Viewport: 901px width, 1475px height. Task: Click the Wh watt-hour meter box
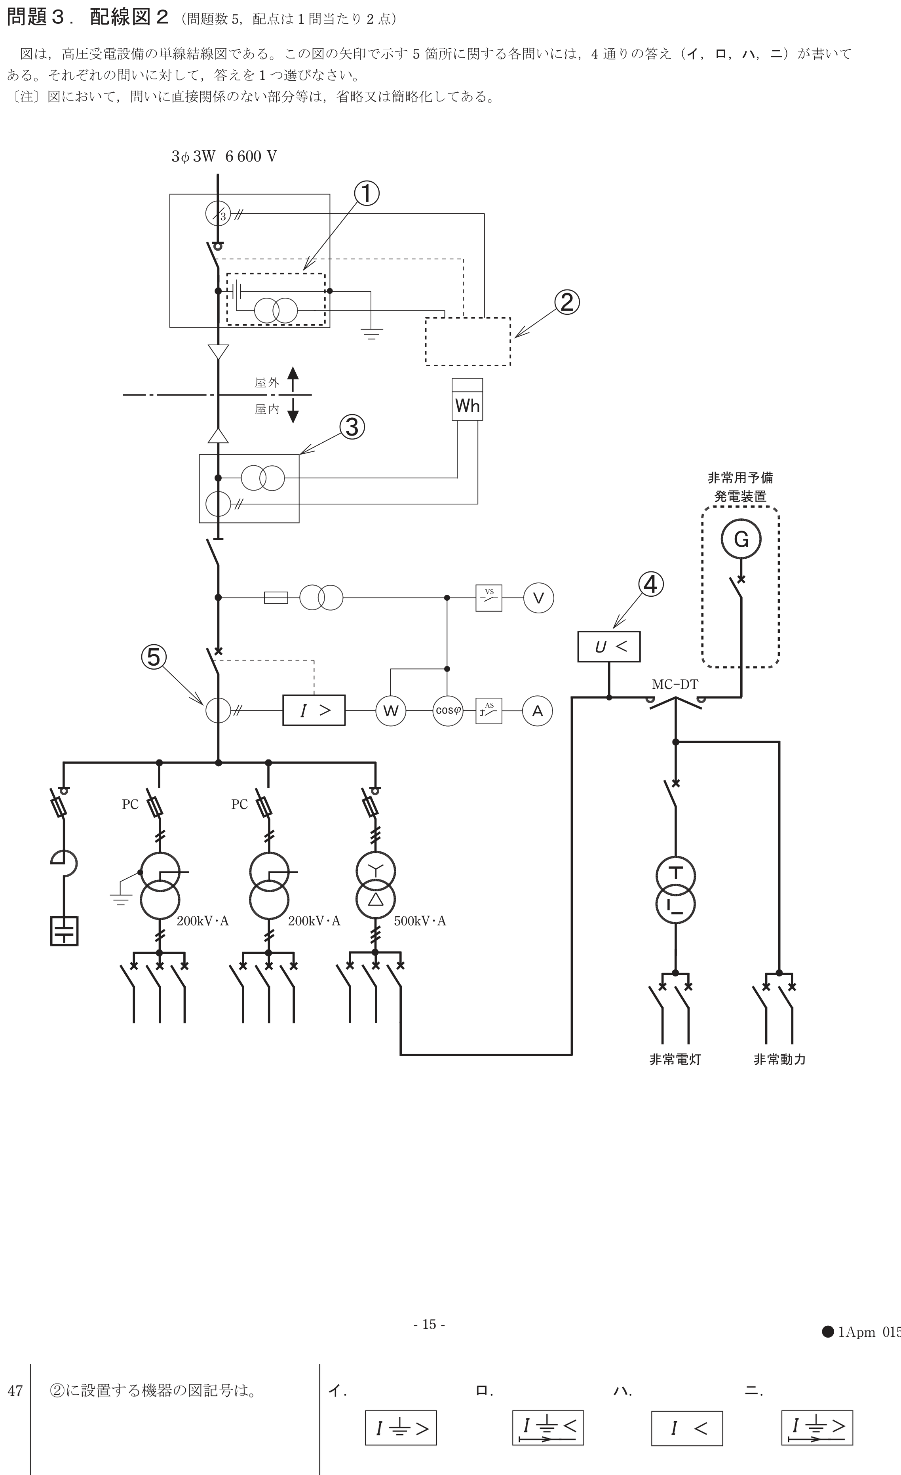tap(467, 399)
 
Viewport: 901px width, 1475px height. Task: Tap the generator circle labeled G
tap(741, 539)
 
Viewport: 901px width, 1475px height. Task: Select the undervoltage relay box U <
tap(608, 647)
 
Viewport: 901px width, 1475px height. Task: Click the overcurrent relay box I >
tap(314, 710)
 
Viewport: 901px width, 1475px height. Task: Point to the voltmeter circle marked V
tap(538, 598)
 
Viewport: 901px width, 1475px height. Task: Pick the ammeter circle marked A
tap(537, 710)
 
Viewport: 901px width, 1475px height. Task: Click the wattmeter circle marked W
tap(391, 710)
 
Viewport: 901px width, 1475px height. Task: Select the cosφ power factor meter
tap(447, 710)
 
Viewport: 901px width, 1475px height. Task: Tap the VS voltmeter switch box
tap(489, 598)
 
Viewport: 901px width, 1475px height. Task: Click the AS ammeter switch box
tap(489, 710)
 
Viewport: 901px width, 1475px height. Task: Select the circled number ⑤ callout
tap(154, 657)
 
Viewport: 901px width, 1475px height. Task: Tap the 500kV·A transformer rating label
tap(420, 921)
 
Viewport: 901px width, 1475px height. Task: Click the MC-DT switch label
tap(675, 684)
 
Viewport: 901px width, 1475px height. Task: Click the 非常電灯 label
tap(675, 1059)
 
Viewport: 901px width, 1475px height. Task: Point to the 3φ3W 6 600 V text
tap(224, 156)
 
